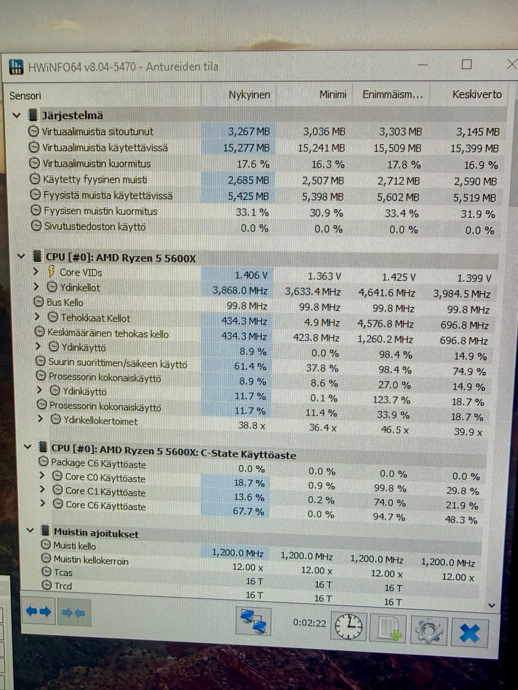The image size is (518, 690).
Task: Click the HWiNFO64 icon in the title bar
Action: pos(17,66)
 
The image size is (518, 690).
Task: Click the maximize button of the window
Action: pos(467,65)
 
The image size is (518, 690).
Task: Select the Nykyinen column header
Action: pos(249,95)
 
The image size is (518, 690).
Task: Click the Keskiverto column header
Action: pos(477,94)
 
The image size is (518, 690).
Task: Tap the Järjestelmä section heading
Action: pos(72,115)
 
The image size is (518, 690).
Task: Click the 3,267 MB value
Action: pos(249,132)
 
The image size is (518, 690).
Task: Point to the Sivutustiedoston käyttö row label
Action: pos(94,227)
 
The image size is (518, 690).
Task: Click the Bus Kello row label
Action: pos(65,302)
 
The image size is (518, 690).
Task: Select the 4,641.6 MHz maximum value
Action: pos(387,293)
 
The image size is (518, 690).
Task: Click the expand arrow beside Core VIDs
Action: pos(36,271)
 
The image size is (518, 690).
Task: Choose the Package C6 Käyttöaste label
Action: pos(98,463)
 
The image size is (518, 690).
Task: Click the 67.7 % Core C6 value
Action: pos(248,511)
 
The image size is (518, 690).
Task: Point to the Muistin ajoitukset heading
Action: pos(96,534)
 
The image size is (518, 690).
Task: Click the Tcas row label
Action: pos(63,572)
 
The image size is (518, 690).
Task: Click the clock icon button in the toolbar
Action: pos(349,626)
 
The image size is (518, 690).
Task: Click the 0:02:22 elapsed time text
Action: pos(310,623)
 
